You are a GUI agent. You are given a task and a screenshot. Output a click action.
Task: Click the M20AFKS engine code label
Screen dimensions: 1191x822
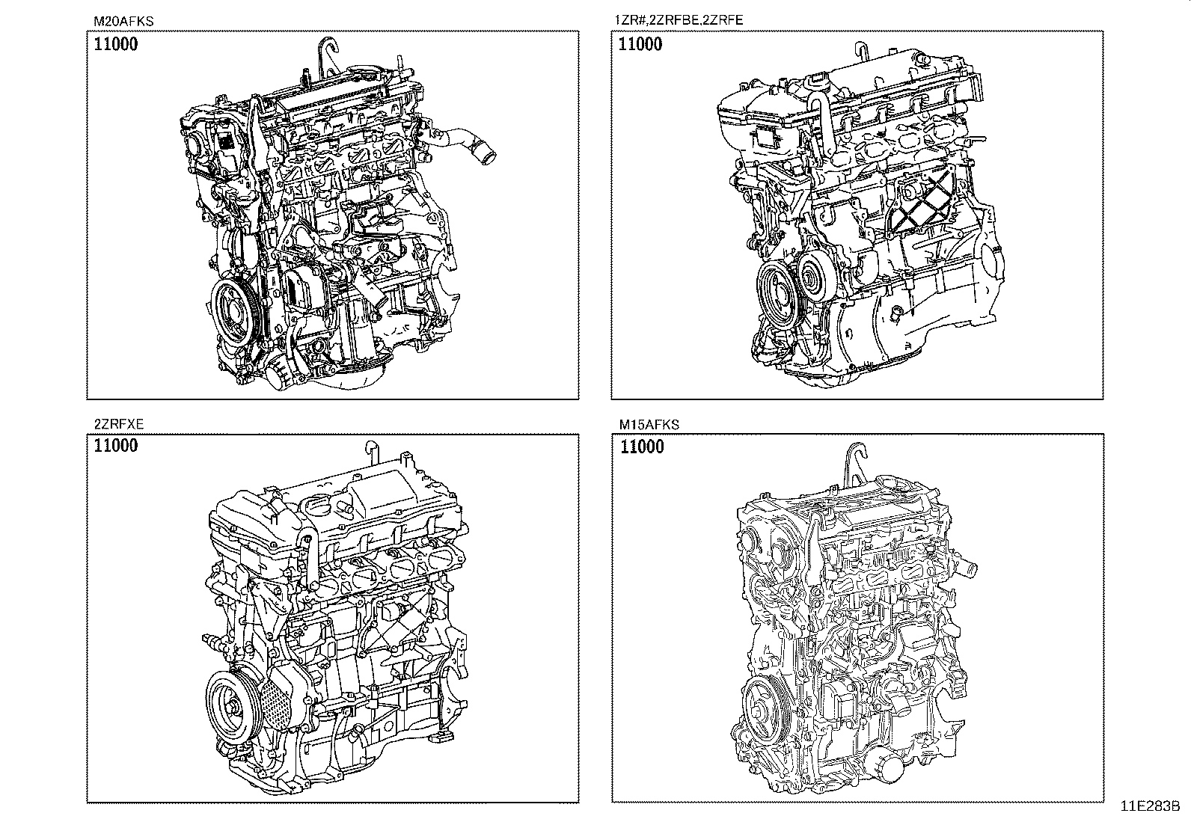coord(123,21)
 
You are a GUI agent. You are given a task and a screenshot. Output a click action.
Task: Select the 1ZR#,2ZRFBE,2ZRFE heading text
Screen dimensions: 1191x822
coord(679,20)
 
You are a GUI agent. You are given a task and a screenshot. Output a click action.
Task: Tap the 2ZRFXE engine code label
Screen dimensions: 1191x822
coord(118,424)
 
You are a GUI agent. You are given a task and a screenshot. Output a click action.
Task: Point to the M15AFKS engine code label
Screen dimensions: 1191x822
coord(649,424)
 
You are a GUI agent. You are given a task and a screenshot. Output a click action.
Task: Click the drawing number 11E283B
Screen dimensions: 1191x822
coord(1150,806)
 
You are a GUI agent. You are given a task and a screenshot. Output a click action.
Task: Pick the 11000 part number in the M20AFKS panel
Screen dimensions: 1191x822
coord(116,44)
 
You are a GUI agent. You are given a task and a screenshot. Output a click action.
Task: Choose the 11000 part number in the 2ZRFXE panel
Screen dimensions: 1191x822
coord(116,446)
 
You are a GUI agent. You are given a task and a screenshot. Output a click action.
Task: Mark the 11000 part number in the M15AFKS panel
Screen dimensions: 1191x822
coord(643,447)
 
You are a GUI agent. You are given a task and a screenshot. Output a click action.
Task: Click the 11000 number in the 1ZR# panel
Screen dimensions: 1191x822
coord(640,44)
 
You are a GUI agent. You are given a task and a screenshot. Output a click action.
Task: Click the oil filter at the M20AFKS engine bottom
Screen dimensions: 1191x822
coord(282,372)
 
